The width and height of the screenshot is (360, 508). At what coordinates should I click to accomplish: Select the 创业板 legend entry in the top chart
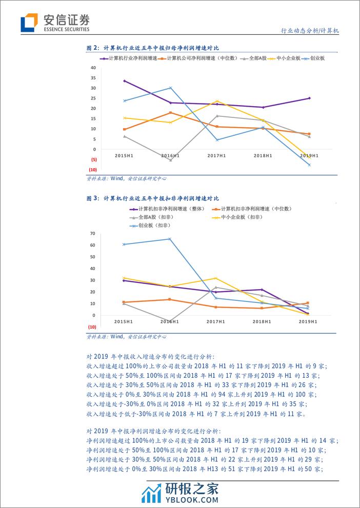[x=318, y=58]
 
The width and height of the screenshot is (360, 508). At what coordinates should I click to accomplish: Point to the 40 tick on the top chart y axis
[x=93, y=68]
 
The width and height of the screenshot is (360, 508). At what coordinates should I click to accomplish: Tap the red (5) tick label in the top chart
[x=93, y=159]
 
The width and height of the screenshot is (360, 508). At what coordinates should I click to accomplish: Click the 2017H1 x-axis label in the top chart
[x=217, y=155]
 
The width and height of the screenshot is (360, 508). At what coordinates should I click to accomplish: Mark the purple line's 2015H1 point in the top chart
[x=124, y=81]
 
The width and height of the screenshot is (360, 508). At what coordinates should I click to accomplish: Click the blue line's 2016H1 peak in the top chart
[x=171, y=88]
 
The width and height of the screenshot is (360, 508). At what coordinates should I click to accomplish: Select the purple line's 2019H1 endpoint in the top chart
[x=309, y=98]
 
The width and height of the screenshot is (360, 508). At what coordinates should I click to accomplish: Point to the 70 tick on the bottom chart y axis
[x=93, y=234]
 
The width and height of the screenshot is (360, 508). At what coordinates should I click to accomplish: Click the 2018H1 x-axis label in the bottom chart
[x=263, y=321]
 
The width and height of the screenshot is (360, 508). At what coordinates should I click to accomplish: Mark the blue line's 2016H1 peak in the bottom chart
[x=170, y=239]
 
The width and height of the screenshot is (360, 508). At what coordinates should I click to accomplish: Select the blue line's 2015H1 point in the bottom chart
[x=124, y=245]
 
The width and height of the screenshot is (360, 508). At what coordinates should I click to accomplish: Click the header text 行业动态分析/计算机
[x=311, y=31]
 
